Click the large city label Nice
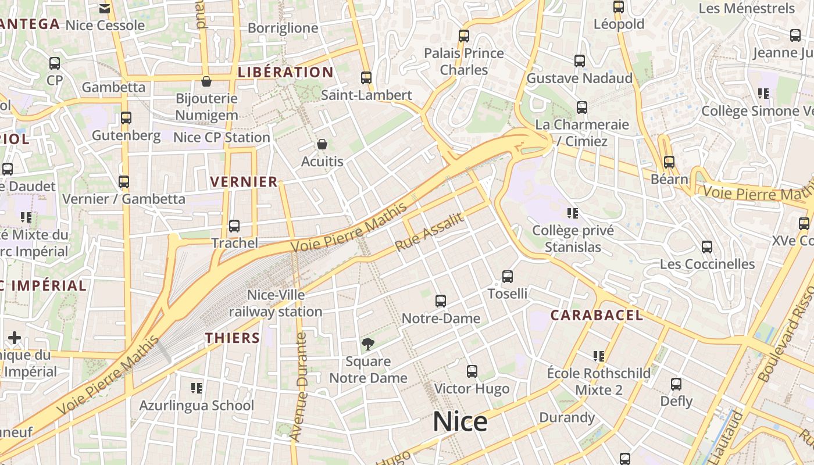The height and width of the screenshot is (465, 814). tap(460, 422)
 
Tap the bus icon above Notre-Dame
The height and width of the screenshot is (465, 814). tap(441, 301)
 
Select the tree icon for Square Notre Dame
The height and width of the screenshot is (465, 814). tap(367, 344)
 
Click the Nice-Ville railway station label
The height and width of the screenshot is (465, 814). tap(276, 303)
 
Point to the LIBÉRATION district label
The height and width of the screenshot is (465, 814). tap(285, 73)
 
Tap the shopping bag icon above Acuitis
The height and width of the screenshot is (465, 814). tap(322, 144)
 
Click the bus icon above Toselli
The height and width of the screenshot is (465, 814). tap(508, 277)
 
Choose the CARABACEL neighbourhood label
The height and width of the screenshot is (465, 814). tap(597, 316)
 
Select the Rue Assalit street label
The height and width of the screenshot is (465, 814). tap(430, 232)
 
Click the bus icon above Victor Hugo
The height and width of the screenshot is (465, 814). tap(472, 371)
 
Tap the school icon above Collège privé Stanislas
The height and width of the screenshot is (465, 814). tap(573, 213)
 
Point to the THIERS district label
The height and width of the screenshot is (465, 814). tap(232, 338)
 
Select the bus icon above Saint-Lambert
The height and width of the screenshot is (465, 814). tap(366, 78)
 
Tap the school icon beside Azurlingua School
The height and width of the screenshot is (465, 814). tap(197, 388)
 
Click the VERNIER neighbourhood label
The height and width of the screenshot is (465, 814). tap(244, 182)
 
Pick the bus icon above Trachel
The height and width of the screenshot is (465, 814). tap(234, 226)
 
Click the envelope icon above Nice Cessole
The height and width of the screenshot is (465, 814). tap(105, 9)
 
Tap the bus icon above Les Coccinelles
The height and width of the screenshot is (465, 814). tap(707, 247)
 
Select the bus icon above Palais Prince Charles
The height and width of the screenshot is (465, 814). tap(464, 36)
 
